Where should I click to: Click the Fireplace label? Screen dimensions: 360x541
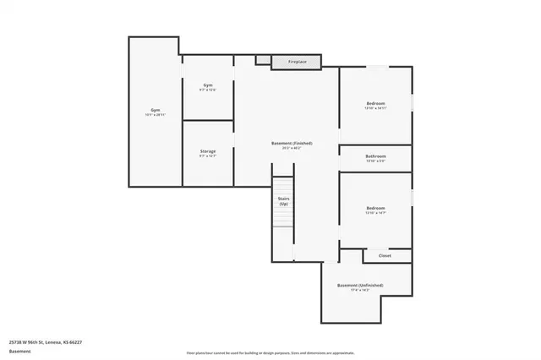(297, 62)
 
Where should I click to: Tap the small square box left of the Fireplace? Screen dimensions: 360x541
(263, 60)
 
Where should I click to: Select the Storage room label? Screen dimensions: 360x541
(207, 151)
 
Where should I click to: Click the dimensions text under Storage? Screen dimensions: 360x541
(207, 156)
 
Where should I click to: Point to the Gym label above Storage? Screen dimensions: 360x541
(207, 85)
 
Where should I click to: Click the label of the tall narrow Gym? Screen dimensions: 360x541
(155, 110)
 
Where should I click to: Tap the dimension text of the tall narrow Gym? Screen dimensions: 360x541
(155, 115)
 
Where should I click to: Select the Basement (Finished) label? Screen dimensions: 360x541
(292, 144)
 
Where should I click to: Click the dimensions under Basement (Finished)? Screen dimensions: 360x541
(292, 149)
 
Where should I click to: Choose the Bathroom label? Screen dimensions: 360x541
(375, 155)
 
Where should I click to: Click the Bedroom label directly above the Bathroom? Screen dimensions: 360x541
(375, 103)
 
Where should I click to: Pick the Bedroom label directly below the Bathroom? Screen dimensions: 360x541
(375, 208)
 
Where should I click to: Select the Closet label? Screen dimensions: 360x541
(384, 254)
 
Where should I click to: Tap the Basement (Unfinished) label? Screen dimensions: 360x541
(359, 285)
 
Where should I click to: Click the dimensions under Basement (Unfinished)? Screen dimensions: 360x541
(359, 290)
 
